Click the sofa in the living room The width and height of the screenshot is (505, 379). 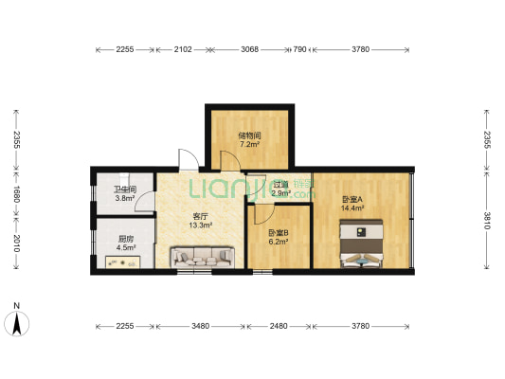[202, 257]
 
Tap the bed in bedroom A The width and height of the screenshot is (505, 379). [362, 244]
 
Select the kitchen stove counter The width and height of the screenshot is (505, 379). [123, 262]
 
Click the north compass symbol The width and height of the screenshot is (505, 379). [17, 323]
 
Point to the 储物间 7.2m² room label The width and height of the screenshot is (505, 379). [249, 139]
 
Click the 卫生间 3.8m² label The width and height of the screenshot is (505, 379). [125, 194]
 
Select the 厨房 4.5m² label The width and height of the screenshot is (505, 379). [126, 244]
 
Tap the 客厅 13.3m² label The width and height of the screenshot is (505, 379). [200, 221]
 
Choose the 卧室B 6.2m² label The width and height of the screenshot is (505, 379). [279, 237]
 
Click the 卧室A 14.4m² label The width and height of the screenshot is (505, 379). [352, 204]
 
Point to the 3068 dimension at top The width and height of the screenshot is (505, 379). [249, 49]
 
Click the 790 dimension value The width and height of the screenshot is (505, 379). [299, 49]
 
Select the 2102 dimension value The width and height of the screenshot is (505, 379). [183, 49]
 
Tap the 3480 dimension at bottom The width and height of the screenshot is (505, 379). [200, 326]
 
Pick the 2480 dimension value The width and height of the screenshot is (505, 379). [279, 326]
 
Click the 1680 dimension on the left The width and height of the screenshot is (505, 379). [17, 194]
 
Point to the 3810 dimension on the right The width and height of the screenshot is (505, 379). [487, 221]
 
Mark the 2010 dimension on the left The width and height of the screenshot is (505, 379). [17, 244]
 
